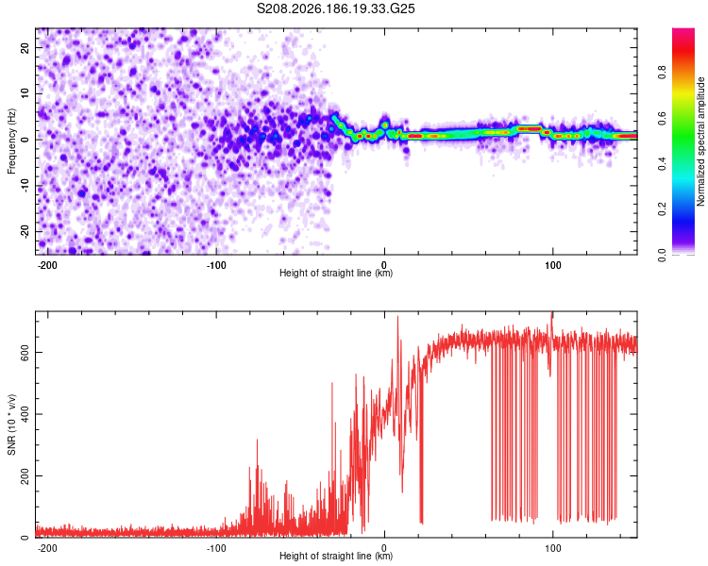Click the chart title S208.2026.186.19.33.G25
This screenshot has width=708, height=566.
(x=335, y=8)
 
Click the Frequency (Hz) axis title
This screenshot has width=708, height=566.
(x=11, y=141)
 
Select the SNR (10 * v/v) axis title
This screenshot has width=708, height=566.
(x=11, y=424)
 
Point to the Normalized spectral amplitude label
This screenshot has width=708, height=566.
(x=700, y=141)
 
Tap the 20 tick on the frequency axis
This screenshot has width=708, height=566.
(x=25, y=47)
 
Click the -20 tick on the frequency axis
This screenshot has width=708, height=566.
(x=25, y=232)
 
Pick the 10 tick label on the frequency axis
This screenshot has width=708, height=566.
(x=25, y=93)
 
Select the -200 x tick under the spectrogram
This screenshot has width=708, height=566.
(x=46, y=265)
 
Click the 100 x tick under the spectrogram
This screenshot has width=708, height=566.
(x=552, y=265)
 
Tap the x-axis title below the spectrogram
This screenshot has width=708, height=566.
(x=336, y=273)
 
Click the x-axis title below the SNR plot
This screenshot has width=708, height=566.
(x=336, y=556)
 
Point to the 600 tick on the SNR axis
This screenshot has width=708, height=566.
(x=25, y=352)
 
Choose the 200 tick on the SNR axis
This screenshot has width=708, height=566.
(x=25, y=475)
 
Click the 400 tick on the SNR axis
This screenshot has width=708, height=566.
(x=25, y=414)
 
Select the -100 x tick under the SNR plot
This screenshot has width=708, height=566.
(x=216, y=548)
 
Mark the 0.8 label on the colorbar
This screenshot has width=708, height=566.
(x=662, y=73)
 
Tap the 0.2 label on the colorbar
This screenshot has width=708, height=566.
(x=662, y=209)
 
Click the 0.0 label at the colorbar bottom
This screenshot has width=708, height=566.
(x=662, y=255)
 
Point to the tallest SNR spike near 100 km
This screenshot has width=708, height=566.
(x=551, y=312)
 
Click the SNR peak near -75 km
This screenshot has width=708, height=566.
(x=258, y=441)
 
